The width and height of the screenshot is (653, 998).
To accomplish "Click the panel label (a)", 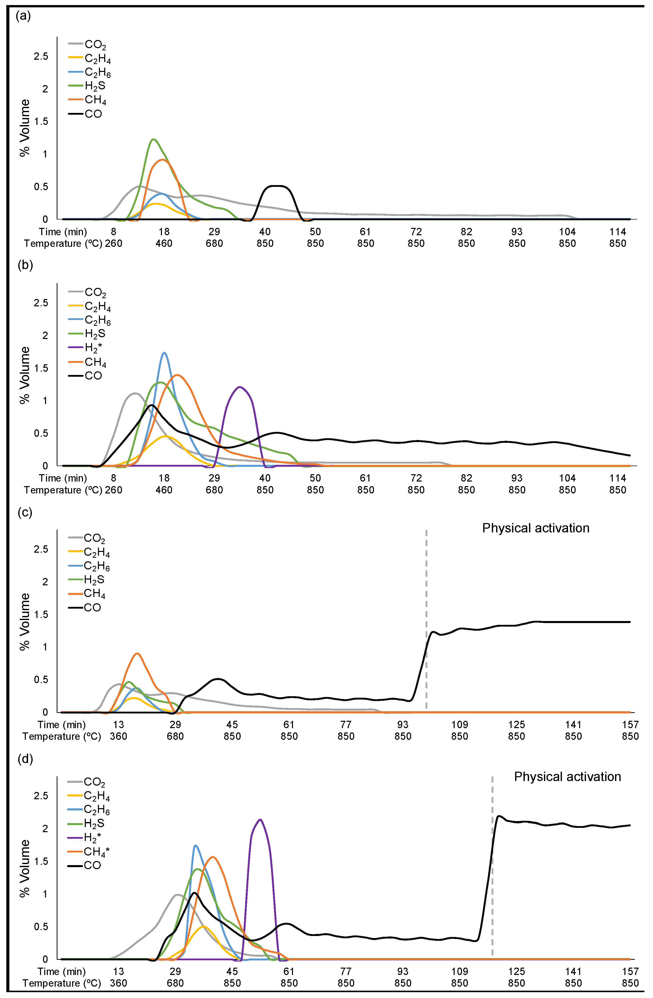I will tap(23, 16).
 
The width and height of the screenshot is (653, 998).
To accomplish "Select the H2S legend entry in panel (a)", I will tap(95, 86).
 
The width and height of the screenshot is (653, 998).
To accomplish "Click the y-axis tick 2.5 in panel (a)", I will tap(41, 56).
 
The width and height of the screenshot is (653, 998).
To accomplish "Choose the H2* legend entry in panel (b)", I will tap(93, 348).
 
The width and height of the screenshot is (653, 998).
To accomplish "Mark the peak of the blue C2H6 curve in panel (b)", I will tap(164, 353).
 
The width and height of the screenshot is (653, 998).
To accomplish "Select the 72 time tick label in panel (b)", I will tap(416, 478).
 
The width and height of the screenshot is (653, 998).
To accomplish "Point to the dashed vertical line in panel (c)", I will tap(426, 587).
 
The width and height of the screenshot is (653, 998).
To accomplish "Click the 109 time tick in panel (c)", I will tap(459, 725).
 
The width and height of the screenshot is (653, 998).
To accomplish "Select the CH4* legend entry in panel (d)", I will tap(96, 852).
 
